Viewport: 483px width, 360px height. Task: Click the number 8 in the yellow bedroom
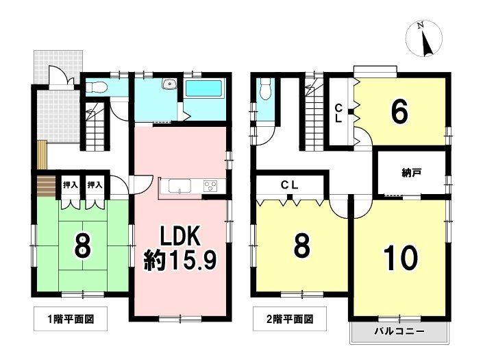[300, 247]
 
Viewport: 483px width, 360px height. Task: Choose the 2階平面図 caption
[290, 319]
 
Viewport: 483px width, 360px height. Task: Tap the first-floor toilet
[97, 87]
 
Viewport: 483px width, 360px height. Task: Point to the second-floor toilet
[266, 88]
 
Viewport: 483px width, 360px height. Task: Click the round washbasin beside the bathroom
[169, 85]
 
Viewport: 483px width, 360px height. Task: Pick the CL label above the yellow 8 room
[290, 184]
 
